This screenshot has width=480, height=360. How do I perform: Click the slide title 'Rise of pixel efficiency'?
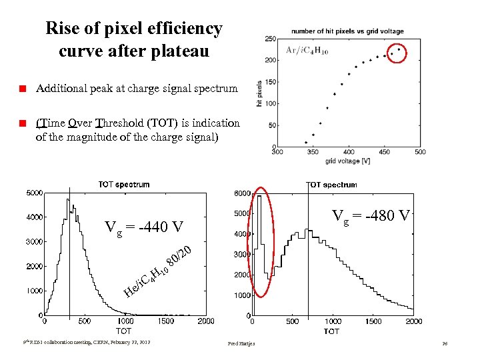[133, 29]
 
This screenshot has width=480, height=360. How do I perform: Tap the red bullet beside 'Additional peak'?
[22, 89]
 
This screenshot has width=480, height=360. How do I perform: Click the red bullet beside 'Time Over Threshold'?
[22, 123]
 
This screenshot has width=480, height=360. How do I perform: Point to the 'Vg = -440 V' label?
[144, 227]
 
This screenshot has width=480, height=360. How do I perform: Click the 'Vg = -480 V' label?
[371, 215]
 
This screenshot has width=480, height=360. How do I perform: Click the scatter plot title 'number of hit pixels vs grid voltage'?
[347, 31]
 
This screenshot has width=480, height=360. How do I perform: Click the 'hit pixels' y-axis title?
[260, 93]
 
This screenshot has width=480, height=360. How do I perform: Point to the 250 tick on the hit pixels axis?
[271, 39]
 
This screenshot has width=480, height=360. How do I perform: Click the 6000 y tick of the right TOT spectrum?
[241, 193]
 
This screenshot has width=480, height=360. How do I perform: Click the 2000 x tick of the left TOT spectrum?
[205, 321]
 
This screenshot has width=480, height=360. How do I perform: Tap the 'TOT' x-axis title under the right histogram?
[331, 331]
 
